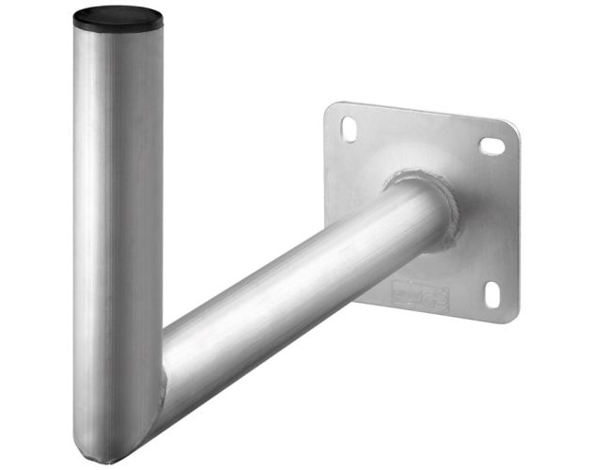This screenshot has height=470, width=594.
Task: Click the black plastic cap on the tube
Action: [x=117, y=19]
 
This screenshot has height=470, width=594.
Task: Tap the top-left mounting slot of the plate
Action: [x=349, y=127]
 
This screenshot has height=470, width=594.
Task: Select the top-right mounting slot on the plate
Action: [x=492, y=146]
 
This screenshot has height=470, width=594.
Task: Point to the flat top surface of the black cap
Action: [x=117, y=14]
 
